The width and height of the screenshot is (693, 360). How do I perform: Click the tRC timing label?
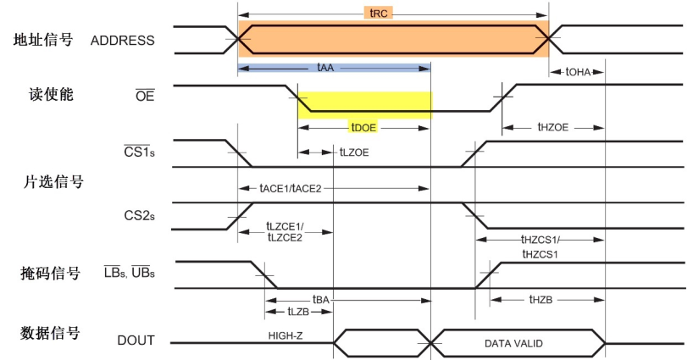tap(379, 13)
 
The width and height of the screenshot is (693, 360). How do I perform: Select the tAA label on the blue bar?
tap(325, 68)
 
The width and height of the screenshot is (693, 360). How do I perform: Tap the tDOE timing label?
tap(363, 128)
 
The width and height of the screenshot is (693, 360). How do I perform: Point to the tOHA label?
tap(578, 72)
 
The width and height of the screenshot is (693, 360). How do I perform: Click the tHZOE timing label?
tap(552, 127)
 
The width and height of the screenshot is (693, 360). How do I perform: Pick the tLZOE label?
tap(353, 152)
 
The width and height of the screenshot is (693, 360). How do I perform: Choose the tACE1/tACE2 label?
tap(291, 189)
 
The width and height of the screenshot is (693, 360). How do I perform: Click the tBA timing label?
tap(321, 300)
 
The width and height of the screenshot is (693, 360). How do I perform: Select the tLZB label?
tap(298, 312)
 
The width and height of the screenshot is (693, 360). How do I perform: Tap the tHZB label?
tap(541, 300)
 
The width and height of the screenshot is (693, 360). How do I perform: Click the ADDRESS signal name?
tap(123, 41)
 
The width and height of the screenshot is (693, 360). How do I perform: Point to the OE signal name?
tap(145, 96)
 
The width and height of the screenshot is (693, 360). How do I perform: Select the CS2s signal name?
tap(139, 215)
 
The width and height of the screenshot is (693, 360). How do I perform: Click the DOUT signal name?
tap(136, 341)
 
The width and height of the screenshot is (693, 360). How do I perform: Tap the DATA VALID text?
tap(513, 344)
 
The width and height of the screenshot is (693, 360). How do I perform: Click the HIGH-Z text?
tap(285, 335)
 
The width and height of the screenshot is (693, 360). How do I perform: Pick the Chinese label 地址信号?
tap(43, 40)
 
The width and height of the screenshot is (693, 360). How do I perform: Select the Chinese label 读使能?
tap(51, 95)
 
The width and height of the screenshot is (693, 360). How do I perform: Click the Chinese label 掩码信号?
tap(50, 274)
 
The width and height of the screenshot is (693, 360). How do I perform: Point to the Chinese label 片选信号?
tap(53, 181)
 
